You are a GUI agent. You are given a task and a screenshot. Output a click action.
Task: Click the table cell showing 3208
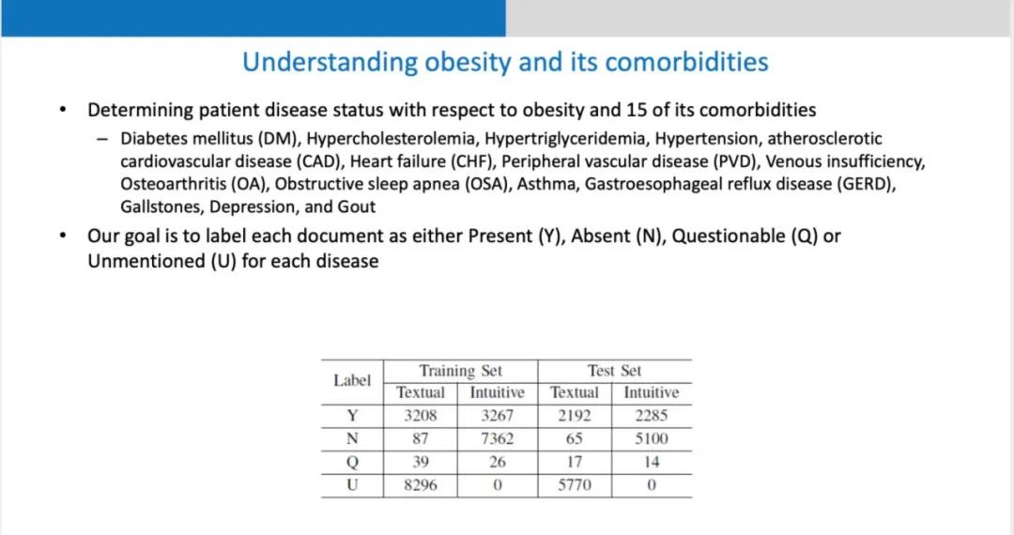point(420,416)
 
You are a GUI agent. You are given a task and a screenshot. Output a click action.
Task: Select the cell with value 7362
point(497,439)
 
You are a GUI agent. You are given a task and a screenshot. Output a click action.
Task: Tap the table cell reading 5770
point(574,486)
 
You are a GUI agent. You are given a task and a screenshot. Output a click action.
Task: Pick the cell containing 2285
point(651,416)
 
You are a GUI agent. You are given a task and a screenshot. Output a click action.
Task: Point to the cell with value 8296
point(420,486)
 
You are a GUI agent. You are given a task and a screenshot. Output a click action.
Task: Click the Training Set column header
point(460,371)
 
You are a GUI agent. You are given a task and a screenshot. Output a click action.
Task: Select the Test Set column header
point(614,371)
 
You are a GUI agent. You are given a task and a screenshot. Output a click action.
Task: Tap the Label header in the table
point(352,381)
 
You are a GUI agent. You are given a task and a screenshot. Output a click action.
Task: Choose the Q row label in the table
point(352,463)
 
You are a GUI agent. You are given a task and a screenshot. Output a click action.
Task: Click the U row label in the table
point(352,486)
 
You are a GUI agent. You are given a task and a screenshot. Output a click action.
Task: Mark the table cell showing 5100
point(651,439)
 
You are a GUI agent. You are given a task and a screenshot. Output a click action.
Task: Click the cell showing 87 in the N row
point(420,439)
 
